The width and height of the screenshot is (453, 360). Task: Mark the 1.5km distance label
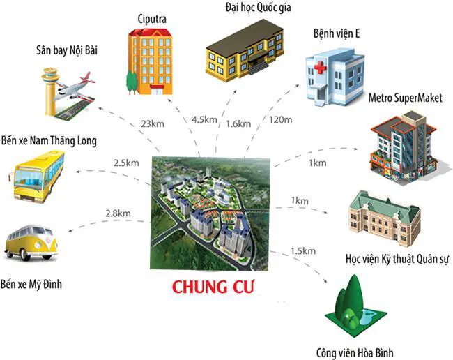[301, 250]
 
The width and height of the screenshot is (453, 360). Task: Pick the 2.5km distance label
[126, 163]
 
